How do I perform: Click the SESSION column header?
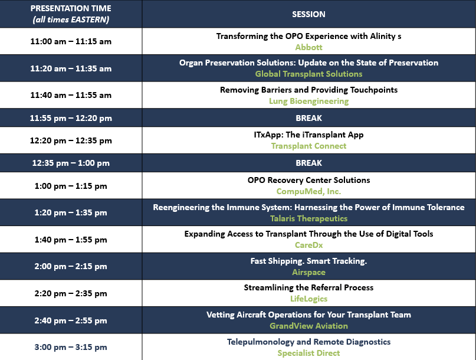tap(308, 14)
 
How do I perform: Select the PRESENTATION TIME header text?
tap(71, 8)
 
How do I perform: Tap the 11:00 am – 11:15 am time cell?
tap(71, 41)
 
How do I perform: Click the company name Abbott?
tap(308, 47)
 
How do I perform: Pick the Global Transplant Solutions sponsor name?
tap(308, 74)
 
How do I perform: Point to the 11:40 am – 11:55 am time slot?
tap(71, 95)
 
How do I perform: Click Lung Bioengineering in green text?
tap(308, 101)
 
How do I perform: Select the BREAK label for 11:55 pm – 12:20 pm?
tap(308, 118)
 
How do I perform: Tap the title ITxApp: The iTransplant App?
tap(308, 135)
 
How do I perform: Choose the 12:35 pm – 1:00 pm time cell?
tap(71, 163)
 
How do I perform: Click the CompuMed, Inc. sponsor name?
tap(308, 191)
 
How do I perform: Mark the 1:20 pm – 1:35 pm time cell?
tap(71, 212)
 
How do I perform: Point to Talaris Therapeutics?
tap(308, 218)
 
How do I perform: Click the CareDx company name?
tap(308, 245)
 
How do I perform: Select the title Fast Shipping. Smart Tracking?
tap(308, 261)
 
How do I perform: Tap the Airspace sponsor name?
tap(308, 272)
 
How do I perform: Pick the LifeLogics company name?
tap(308, 299)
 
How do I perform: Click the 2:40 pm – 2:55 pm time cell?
tap(71, 320)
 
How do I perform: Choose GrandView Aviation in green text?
tap(308, 326)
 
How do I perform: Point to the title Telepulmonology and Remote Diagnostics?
tap(308, 342)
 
